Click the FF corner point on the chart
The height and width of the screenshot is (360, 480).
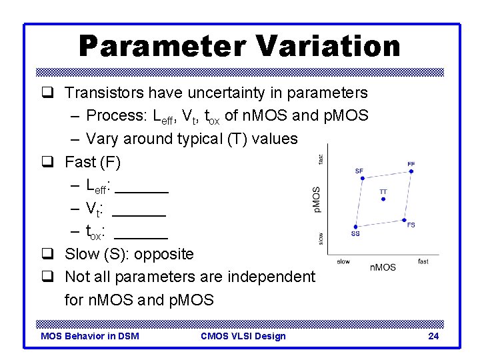tap(411, 171)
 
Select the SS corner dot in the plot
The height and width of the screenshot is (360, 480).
tap(356, 227)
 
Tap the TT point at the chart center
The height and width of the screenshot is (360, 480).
tap(383, 199)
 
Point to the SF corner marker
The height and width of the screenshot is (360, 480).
tap(360, 178)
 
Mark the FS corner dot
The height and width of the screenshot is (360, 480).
tap(405, 219)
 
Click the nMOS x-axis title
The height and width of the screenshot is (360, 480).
tap(383, 267)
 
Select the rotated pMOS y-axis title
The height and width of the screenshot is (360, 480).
tap(317, 200)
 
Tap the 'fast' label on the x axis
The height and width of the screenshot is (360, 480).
tap(423, 261)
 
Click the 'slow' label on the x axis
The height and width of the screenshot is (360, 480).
tap(343, 261)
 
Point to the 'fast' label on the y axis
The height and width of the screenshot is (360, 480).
tap(321, 159)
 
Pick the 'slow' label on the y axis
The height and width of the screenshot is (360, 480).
tap(321, 238)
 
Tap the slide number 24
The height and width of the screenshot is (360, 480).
tap(433, 336)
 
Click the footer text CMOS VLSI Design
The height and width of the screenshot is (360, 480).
tap(243, 336)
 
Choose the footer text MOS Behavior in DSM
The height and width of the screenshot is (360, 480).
tap(90, 336)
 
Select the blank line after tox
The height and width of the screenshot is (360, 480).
tap(141, 237)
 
